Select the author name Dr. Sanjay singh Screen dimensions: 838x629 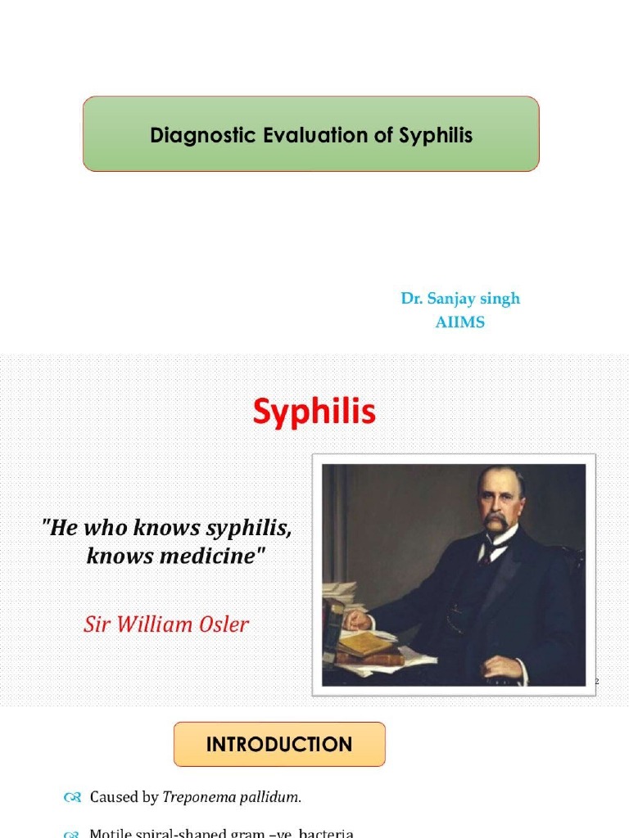460,299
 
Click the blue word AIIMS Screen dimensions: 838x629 460,322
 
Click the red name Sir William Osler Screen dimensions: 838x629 166,625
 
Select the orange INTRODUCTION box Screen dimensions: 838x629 279,744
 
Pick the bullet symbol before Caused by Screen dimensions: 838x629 71,797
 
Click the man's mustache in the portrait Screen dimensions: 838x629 496,521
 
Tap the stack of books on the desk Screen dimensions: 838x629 369,647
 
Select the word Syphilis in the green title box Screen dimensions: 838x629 436,135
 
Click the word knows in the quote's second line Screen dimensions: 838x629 115,557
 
